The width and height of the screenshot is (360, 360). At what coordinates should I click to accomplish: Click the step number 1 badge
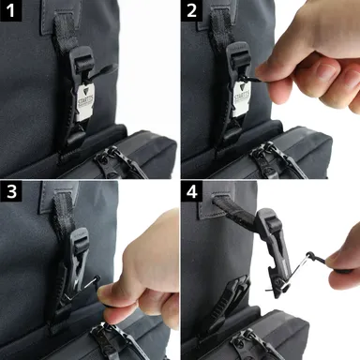(x=10, y=10)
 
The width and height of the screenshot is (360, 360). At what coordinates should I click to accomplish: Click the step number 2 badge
(x=192, y=10)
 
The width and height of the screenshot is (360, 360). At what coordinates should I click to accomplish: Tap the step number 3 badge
(x=10, y=192)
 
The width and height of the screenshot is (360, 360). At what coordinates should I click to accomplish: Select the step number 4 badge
(x=192, y=192)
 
